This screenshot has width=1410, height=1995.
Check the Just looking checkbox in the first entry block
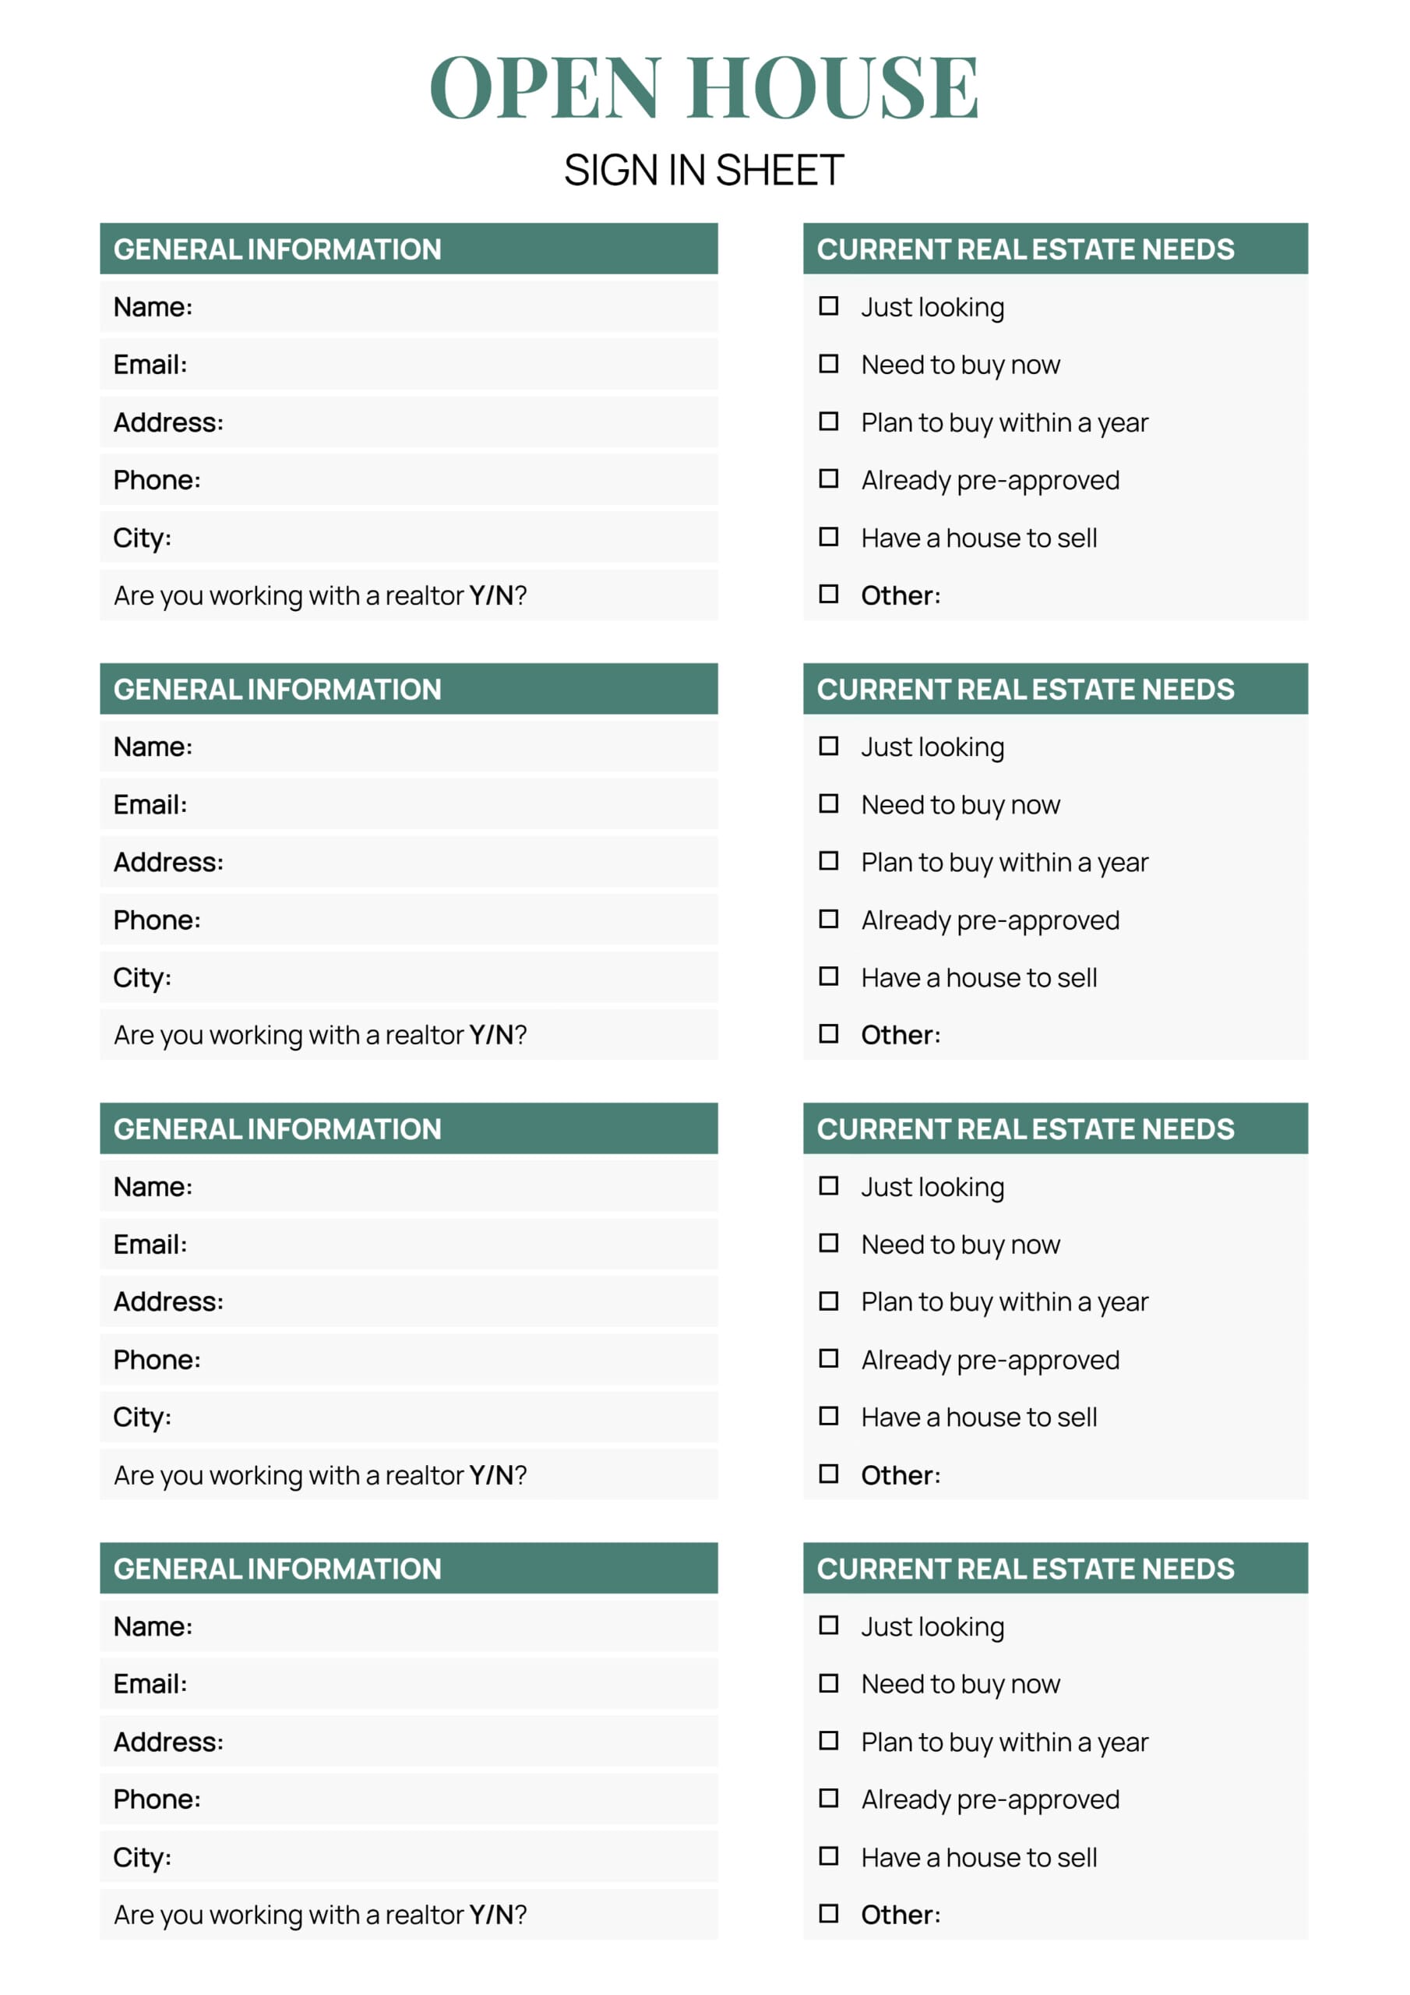829,305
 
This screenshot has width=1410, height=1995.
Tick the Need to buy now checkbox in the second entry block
829,803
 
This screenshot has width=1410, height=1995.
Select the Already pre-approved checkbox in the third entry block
829,1358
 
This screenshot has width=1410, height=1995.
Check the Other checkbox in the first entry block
829,595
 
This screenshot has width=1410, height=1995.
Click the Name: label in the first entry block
153,307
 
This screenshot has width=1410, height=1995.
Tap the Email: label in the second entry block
150,804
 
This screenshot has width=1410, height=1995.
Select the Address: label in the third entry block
168,1301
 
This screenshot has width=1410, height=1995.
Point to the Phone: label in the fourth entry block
157,1799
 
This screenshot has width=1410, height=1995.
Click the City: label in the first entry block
143,538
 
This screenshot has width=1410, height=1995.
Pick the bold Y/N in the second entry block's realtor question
491,1035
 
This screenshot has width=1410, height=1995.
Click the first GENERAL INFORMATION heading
277,249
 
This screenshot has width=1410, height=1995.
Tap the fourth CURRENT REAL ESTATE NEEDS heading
1025,1569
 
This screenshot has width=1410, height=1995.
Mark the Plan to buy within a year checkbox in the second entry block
829,860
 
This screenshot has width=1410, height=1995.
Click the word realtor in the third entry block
424,1475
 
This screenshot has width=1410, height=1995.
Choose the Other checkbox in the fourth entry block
829,1913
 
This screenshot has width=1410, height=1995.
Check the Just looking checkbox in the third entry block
829,1186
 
